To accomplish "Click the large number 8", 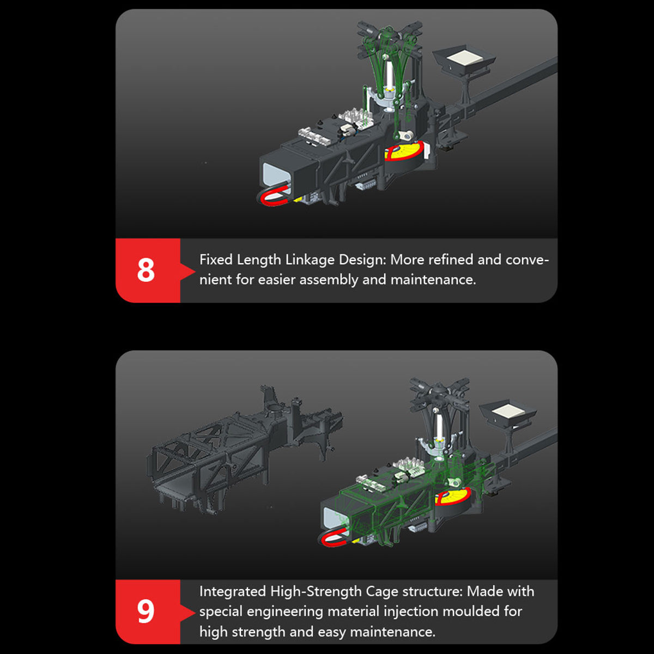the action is pos(146,270).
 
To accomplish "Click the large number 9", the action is pos(146,611).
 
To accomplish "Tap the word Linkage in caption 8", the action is pos(309,261).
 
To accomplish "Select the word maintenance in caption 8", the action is pos(433,280).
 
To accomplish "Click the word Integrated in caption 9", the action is pos(233,591).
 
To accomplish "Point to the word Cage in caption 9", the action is pos(381,592).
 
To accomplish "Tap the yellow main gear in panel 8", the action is pos(404,152).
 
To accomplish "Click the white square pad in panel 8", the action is pos(467,58).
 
